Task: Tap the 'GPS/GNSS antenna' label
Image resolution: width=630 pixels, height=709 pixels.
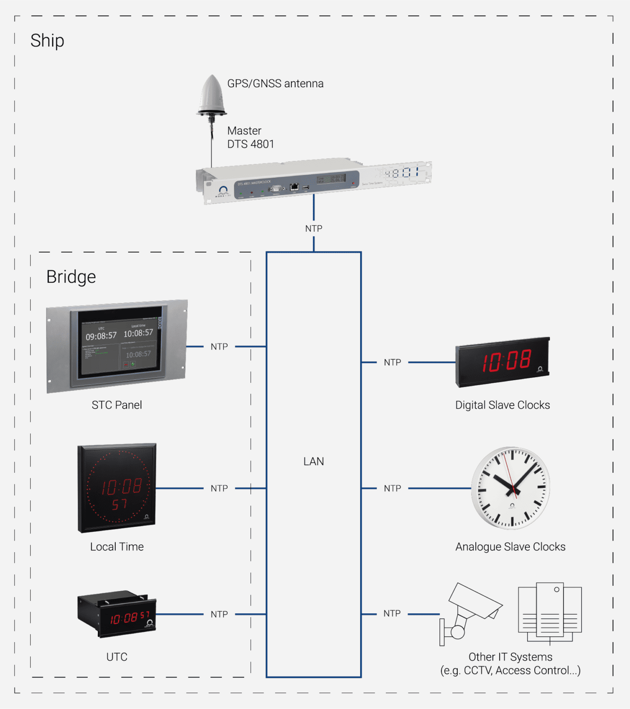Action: click(x=275, y=84)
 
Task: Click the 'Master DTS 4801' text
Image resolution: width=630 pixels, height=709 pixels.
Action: click(x=250, y=137)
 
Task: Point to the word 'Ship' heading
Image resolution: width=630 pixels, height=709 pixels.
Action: click(x=47, y=41)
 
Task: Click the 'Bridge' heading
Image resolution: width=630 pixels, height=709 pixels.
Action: click(x=71, y=277)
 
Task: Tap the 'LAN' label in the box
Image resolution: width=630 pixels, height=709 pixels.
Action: click(x=314, y=461)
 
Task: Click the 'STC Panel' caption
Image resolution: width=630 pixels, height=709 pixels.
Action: click(x=117, y=405)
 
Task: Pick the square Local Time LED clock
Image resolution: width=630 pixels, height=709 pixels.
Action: click(x=117, y=488)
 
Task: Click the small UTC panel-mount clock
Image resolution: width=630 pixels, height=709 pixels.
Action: click(x=117, y=614)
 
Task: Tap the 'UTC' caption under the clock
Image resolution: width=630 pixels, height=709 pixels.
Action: click(x=117, y=657)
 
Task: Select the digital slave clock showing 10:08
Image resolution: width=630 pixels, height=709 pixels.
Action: click(x=503, y=362)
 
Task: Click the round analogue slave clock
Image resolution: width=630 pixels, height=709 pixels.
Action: click(x=511, y=488)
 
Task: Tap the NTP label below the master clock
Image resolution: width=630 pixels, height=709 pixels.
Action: click(x=314, y=229)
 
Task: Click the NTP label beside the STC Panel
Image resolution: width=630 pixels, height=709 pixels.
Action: click(x=219, y=347)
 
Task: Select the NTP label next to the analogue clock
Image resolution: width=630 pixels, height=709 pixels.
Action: click(x=393, y=488)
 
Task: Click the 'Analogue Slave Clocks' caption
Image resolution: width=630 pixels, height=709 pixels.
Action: click(x=510, y=547)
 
